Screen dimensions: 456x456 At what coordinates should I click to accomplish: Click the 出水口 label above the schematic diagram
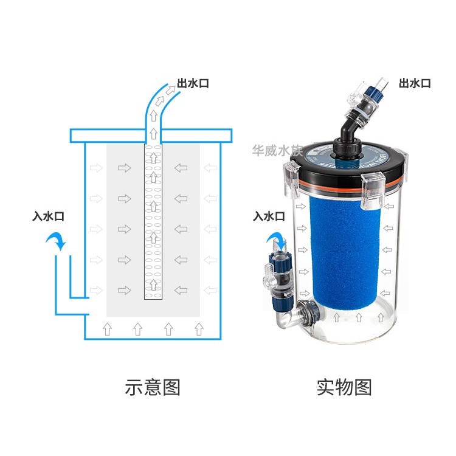pos(193,83)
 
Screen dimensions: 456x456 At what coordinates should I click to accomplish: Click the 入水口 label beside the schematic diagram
pos(49,216)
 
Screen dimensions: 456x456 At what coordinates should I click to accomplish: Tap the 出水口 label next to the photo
pos(415,83)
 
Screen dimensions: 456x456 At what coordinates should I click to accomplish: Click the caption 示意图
pos(153,387)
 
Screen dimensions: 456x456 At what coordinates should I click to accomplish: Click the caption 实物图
pos(344,387)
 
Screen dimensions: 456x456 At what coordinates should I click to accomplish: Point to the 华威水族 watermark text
pos(277,150)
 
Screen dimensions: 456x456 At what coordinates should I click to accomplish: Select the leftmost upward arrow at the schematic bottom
pos(108,329)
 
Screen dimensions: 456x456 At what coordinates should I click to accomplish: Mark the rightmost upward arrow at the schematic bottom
pos(198,329)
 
